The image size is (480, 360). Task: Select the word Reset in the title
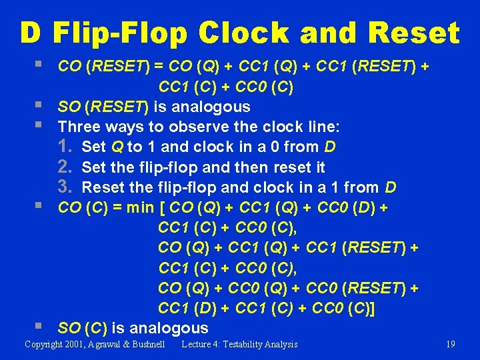coord(414,33)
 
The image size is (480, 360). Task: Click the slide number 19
coord(451,344)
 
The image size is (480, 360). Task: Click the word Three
coord(79,127)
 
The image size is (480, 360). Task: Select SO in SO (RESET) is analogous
coord(69,107)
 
